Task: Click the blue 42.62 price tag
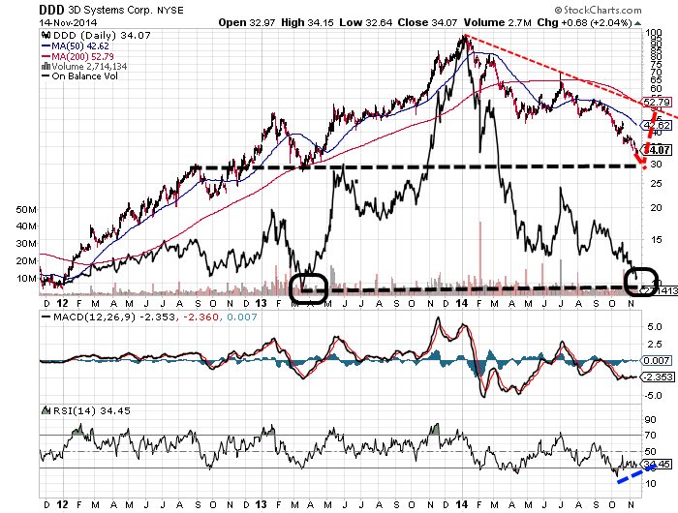pos(658,126)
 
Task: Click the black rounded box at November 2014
pos(641,282)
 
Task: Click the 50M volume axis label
pos(25,209)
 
